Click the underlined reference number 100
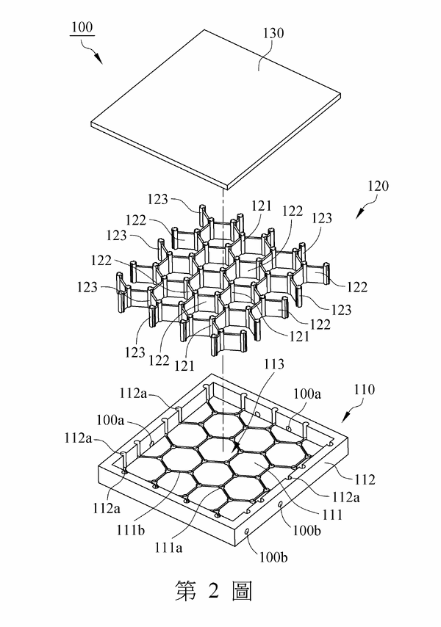pyautogui.click(x=82, y=27)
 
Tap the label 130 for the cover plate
pyautogui.click(x=273, y=33)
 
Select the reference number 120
pyautogui.click(x=378, y=186)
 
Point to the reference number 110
pyautogui.click(x=364, y=389)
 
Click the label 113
pyautogui.click(x=274, y=363)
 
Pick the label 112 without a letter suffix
pyautogui.click(x=365, y=479)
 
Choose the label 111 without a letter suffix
pyautogui.click(x=332, y=515)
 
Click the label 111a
pyautogui.click(x=168, y=547)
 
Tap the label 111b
pyautogui.click(x=130, y=530)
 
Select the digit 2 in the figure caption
pyautogui.click(x=213, y=590)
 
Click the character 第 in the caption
pyautogui.click(x=186, y=590)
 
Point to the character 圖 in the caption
pyautogui.click(x=242, y=591)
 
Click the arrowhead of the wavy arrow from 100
pyautogui.click(x=98, y=59)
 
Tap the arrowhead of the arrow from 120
pyautogui.click(x=359, y=214)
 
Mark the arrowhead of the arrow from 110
pyautogui.click(x=345, y=418)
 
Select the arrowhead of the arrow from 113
pyautogui.click(x=236, y=447)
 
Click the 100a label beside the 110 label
pyautogui.click(x=307, y=394)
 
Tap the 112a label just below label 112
pyautogui.click(x=345, y=497)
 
